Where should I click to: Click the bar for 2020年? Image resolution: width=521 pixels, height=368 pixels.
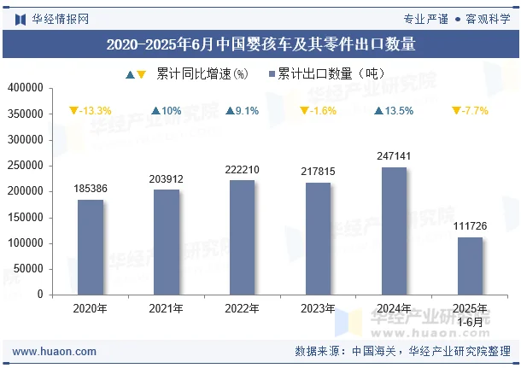91,247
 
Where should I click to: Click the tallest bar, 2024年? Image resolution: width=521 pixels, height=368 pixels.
394,231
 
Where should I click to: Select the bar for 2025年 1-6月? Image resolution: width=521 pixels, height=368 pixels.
470,266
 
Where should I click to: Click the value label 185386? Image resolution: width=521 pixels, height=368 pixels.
91,188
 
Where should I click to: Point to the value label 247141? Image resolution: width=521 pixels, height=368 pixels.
394,156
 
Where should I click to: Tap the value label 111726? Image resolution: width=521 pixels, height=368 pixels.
470,225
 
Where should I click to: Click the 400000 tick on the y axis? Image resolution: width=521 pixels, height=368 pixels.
26,88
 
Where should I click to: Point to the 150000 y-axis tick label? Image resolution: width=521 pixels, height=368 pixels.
26,217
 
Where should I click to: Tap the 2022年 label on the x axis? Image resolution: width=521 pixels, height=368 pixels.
242,309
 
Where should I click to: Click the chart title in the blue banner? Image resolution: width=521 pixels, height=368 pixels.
260,44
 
